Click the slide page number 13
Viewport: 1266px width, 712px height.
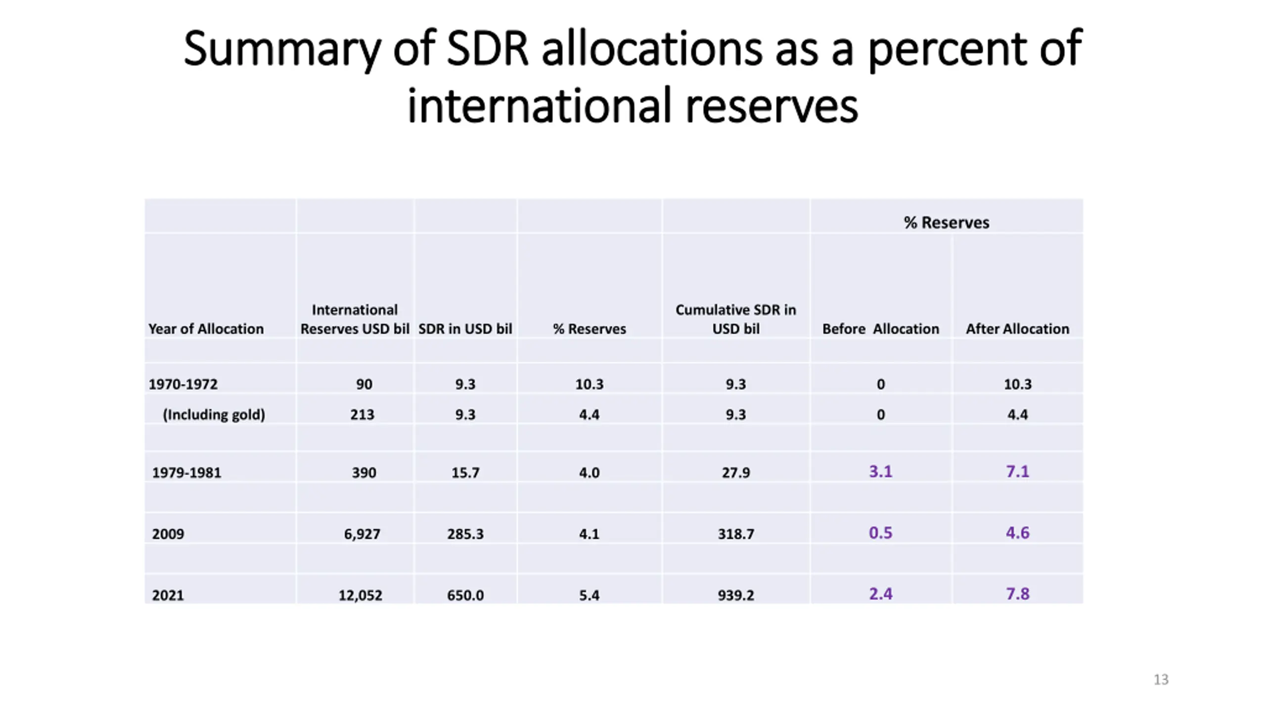tap(1161, 679)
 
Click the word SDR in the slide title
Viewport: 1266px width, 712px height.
tap(487, 48)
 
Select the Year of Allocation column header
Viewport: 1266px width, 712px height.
tap(206, 329)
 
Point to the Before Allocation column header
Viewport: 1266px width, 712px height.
tap(880, 329)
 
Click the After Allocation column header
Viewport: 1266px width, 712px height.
tap(1017, 329)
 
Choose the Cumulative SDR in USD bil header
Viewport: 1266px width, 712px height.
tap(736, 319)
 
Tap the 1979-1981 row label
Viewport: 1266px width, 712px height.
tap(186, 473)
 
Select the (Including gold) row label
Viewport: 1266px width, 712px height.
tap(214, 414)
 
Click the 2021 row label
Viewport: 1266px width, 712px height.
tap(168, 595)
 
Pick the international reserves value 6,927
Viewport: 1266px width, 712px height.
tap(362, 534)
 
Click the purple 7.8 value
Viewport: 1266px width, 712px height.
tap(1017, 593)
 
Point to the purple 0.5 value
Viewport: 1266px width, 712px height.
tap(880, 533)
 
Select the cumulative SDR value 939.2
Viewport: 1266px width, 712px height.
tap(736, 595)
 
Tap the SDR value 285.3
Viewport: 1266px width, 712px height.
tap(465, 534)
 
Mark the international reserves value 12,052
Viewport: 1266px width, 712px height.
tap(360, 595)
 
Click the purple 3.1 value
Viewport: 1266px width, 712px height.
tap(880, 471)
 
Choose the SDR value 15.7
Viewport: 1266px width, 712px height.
tap(465, 473)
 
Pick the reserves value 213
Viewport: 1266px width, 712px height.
tap(362, 414)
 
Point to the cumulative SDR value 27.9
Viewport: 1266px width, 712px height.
tap(736, 473)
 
